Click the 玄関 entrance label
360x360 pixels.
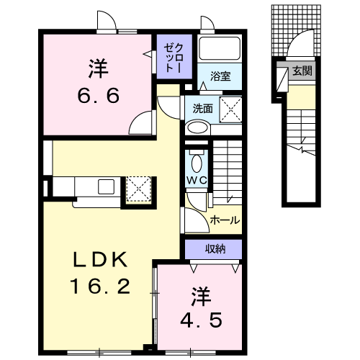pyautogui.click(x=302, y=71)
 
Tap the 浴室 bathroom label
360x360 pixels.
pyautogui.click(x=220, y=76)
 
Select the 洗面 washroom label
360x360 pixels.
pyautogui.click(x=203, y=109)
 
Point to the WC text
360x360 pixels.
pyautogui.click(x=197, y=181)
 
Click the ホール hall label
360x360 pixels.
pyautogui.click(x=225, y=220)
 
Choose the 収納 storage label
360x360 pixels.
pyautogui.click(x=215, y=249)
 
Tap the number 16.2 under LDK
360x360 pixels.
pyautogui.click(x=100, y=287)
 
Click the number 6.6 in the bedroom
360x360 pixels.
pyautogui.click(x=99, y=96)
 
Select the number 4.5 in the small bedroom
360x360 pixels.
pyautogui.click(x=201, y=320)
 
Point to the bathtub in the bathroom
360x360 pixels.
pyautogui.click(x=220, y=48)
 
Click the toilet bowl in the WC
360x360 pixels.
pyautogui.click(x=197, y=163)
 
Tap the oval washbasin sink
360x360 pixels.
pyautogui.click(x=198, y=127)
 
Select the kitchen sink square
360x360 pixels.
pyautogui.click(x=106, y=186)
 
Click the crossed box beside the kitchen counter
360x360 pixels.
pyautogui.click(x=139, y=189)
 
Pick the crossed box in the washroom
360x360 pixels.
pyautogui.click(x=230, y=110)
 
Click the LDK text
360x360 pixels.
pyautogui.click(x=100, y=259)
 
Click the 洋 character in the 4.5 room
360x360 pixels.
pyautogui.click(x=201, y=297)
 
